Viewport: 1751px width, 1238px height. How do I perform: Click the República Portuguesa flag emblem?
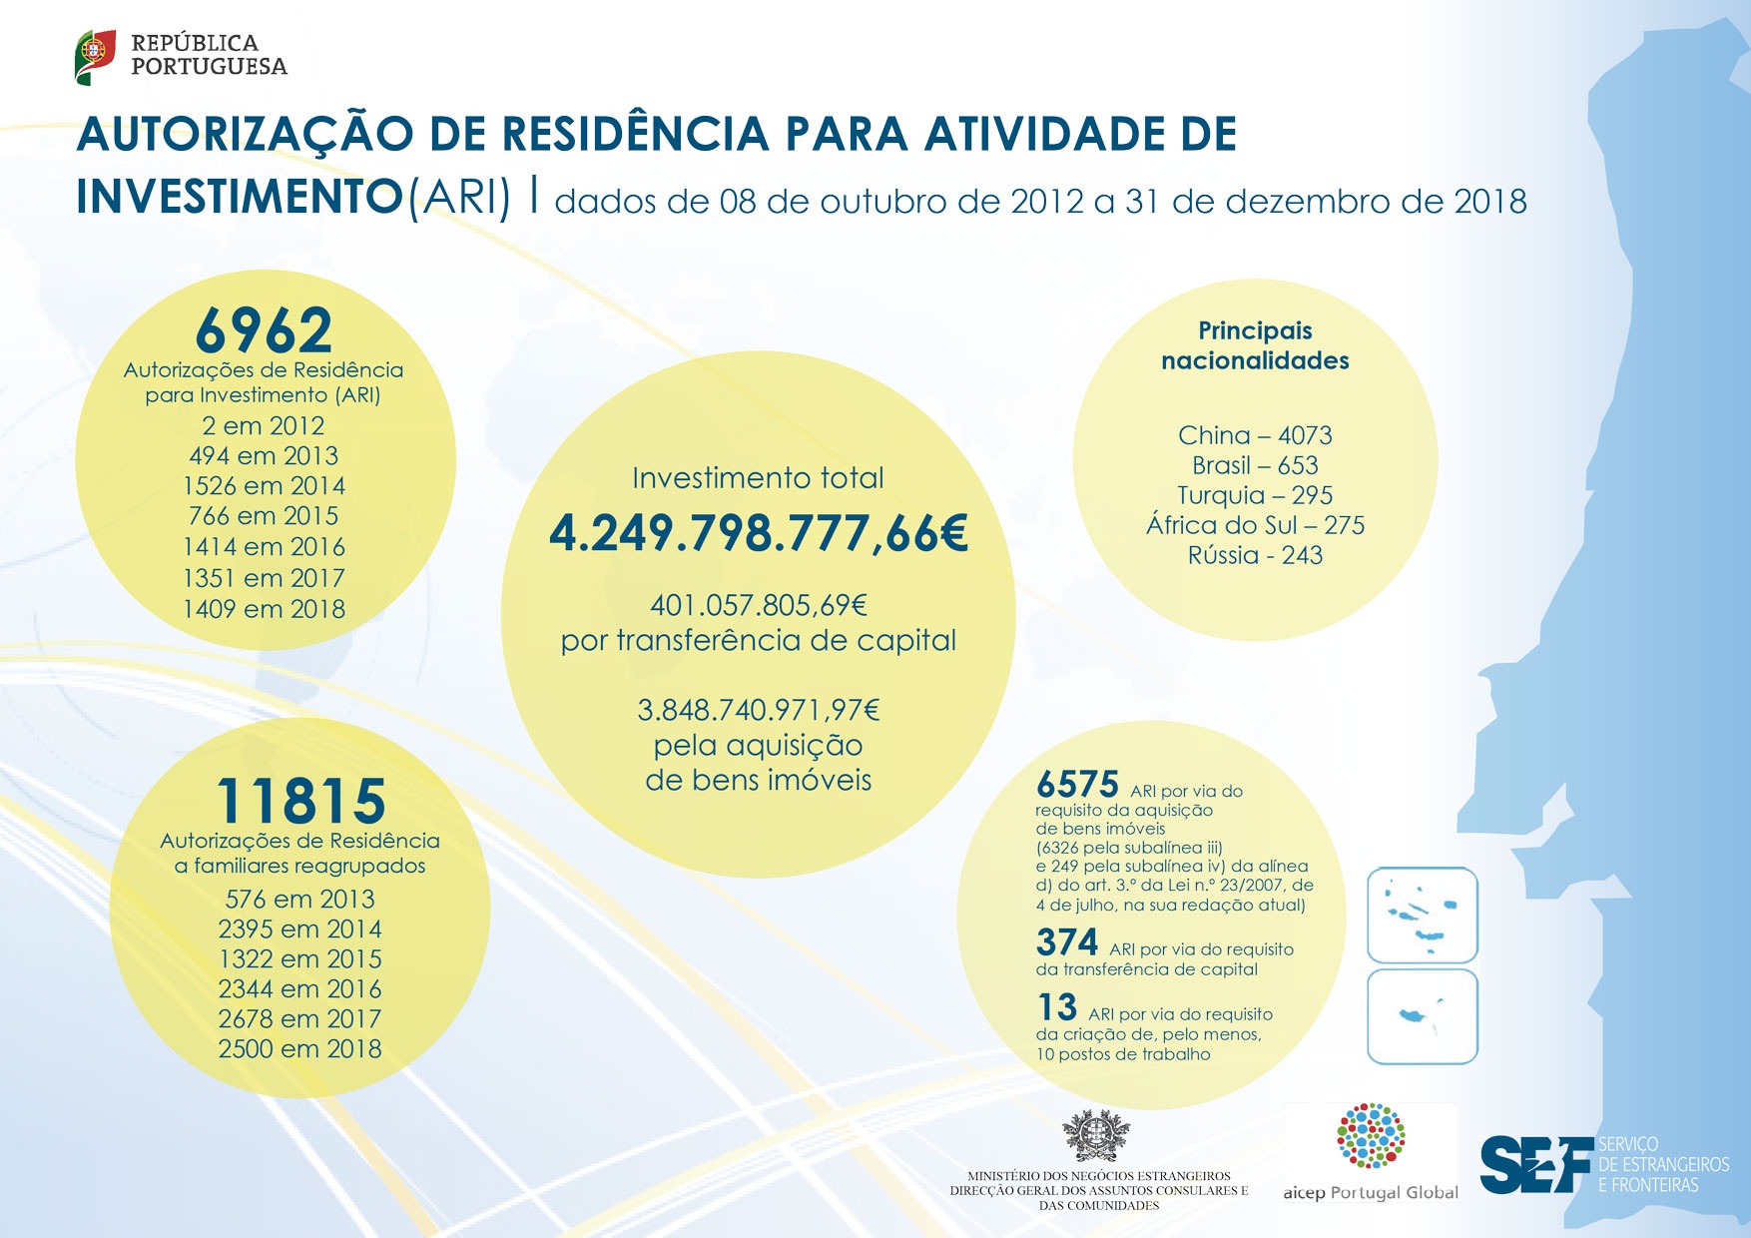click(x=95, y=56)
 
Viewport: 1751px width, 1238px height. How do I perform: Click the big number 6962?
click(x=264, y=330)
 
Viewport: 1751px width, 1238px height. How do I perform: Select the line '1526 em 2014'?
click(x=264, y=486)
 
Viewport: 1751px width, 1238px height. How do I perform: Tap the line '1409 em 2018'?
click(x=264, y=609)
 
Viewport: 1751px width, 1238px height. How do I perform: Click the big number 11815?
click(x=300, y=801)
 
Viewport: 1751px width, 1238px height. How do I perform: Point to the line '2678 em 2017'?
click(x=299, y=1019)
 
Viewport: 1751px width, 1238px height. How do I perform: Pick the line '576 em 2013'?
click(x=299, y=899)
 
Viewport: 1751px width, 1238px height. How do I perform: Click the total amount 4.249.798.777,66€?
click(x=759, y=534)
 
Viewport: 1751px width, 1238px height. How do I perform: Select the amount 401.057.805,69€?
click(x=759, y=605)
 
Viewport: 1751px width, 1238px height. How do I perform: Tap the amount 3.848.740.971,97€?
click(x=759, y=710)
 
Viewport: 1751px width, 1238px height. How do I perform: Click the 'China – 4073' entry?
click(x=1255, y=435)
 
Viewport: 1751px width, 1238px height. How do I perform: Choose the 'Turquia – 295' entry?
click(x=1255, y=495)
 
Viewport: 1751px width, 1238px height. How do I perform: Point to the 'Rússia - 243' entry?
click(x=1255, y=555)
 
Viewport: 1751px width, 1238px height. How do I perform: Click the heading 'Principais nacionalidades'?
click(x=1255, y=345)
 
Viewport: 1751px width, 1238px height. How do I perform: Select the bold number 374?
click(x=1067, y=942)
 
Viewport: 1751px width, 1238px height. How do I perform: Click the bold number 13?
click(x=1057, y=1007)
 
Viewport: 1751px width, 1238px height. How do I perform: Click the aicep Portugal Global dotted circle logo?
click(x=1371, y=1136)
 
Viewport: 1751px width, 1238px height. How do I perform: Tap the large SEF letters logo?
click(x=1535, y=1164)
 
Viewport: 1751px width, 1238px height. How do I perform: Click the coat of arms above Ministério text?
click(x=1096, y=1136)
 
